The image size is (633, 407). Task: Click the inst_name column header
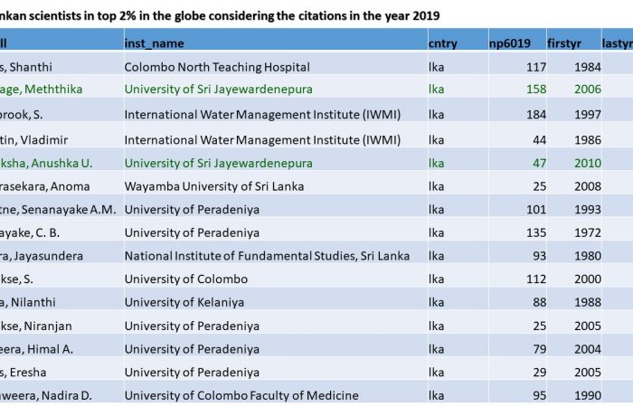[154, 43]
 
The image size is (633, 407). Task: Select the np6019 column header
[511, 43]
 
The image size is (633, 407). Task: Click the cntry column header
[442, 43]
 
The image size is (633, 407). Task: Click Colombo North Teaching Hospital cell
[217, 67]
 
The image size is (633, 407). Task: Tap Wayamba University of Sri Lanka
[213, 185]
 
